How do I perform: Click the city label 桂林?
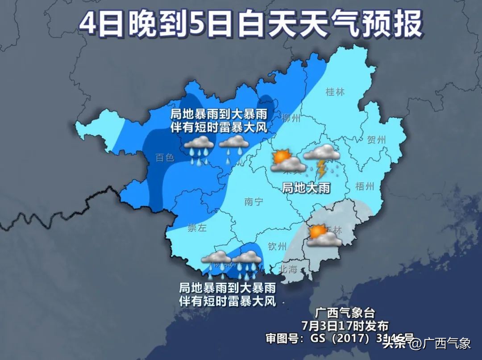click(x=335, y=92)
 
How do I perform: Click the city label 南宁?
click(x=254, y=201)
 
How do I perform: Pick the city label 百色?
click(x=164, y=158)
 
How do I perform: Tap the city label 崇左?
click(x=197, y=228)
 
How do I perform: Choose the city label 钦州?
click(x=277, y=246)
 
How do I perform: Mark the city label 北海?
click(x=287, y=269)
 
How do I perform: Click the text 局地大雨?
click(x=306, y=188)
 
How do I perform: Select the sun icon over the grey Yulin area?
click(x=317, y=231)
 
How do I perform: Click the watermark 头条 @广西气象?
click(x=426, y=343)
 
